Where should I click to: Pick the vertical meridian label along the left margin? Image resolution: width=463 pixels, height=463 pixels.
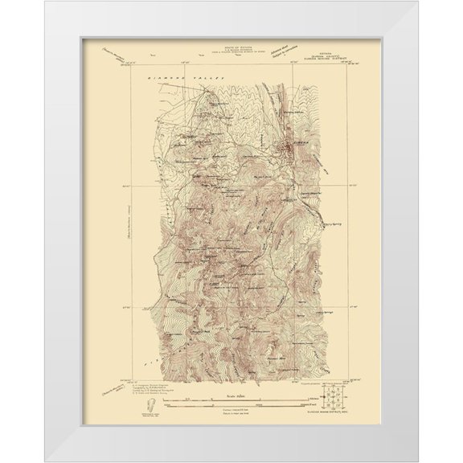coord(117,217)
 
